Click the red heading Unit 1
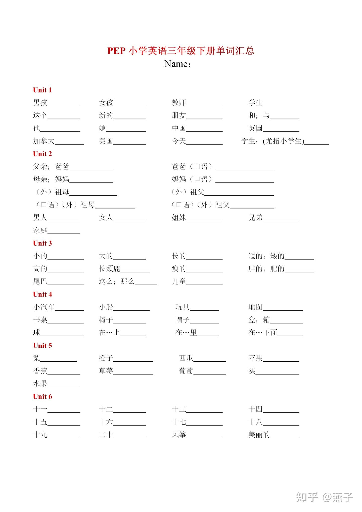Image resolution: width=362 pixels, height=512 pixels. pyautogui.click(x=42, y=90)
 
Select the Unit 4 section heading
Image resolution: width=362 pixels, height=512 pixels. pyautogui.click(x=42, y=294)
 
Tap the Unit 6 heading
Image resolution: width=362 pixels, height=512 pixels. pyautogui.click(x=42, y=396)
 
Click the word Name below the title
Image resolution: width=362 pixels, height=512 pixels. pyautogui.click(x=176, y=64)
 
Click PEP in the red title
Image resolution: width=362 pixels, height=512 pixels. pyautogui.click(x=116, y=51)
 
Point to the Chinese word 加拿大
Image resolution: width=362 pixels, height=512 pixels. pyautogui.click(x=44, y=141)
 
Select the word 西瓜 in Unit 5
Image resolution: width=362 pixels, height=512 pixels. pyautogui.click(x=186, y=358)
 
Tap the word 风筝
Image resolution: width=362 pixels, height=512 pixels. pyautogui.click(x=179, y=435)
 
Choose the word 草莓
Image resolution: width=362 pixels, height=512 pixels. pyautogui.click(x=106, y=371)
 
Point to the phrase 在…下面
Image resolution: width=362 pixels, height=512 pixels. pyautogui.click(x=263, y=333)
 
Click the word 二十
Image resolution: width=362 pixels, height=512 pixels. pyautogui.click(x=106, y=435)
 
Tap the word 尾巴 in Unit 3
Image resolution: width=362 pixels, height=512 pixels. pyautogui.click(x=40, y=281)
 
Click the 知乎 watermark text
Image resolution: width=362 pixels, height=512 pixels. pyautogui.click(x=307, y=497)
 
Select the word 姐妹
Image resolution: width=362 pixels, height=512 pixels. pyautogui.click(x=179, y=217)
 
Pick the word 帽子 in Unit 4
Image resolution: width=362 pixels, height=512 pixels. pyautogui.click(x=183, y=320)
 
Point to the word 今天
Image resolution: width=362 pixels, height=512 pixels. pyautogui.click(x=179, y=141)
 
